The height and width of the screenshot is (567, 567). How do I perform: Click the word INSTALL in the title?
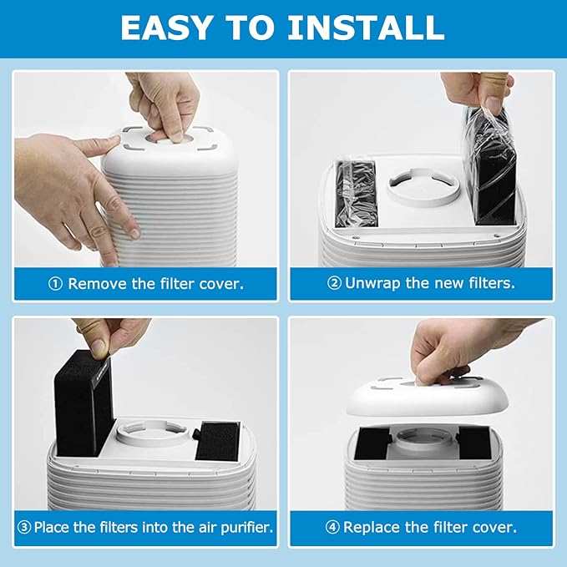(x=364, y=28)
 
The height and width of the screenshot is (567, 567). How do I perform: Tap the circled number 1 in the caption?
(x=56, y=284)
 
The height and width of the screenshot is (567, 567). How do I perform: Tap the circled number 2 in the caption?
(x=333, y=283)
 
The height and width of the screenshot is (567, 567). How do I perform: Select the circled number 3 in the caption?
(x=25, y=528)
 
